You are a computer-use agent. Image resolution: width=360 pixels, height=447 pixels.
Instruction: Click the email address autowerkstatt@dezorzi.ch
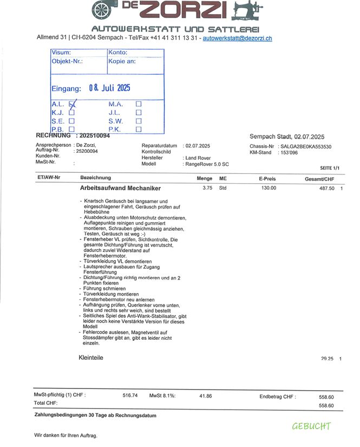[x=237, y=38]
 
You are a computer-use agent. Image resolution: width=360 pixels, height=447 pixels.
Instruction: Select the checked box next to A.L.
[x=73, y=104]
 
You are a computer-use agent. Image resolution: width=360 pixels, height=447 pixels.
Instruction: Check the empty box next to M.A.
[x=139, y=104]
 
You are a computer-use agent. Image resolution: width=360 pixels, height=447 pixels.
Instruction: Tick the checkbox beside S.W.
[x=139, y=121]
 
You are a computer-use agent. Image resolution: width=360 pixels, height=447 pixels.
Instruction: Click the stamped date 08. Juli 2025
[x=109, y=88]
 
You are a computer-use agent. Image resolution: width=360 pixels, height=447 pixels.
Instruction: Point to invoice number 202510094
[x=95, y=135]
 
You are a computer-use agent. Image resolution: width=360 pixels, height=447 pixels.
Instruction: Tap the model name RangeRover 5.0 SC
[x=207, y=164]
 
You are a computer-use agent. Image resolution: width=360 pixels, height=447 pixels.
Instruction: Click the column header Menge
[x=205, y=178]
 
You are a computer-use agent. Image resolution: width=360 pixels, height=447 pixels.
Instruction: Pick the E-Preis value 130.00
[x=269, y=188]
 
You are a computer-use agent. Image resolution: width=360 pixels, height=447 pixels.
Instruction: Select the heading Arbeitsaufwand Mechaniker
[x=120, y=189]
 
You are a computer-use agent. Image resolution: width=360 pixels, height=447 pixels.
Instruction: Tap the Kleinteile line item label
[x=91, y=358]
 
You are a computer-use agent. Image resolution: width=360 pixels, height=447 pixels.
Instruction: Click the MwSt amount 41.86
[x=205, y=396]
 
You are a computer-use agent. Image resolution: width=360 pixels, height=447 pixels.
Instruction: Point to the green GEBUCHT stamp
[x=311, y=426]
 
